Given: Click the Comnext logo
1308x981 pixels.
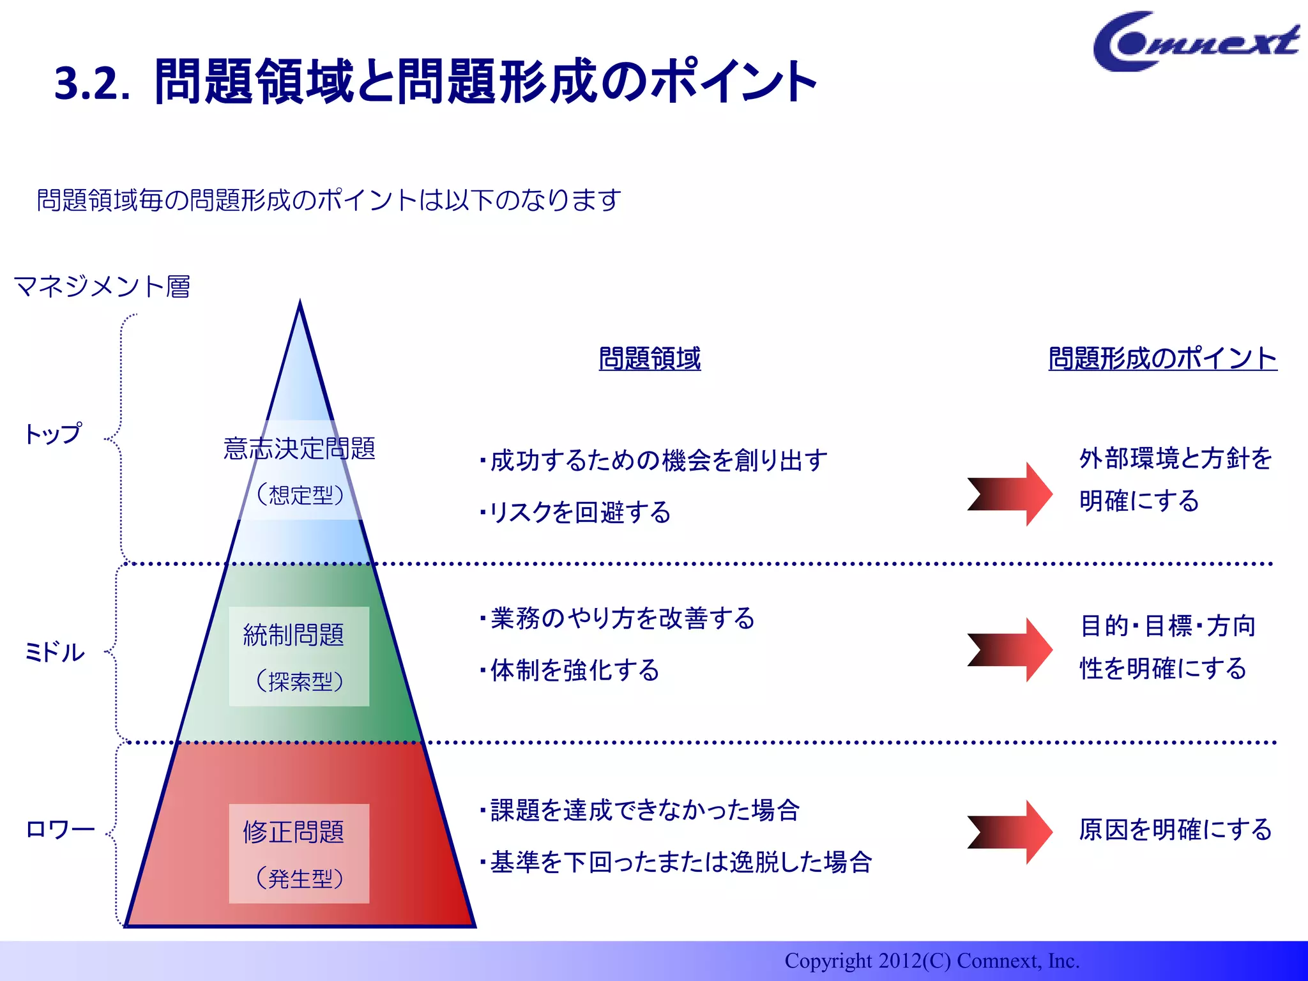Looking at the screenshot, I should (1194, 42).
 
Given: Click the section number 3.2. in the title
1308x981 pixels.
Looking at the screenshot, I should (93, 84).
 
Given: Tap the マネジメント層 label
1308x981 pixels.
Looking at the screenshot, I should (102, 287).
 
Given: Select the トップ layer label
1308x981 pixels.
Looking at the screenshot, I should (54, 434).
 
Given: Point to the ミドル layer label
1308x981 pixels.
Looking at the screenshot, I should (55, 652).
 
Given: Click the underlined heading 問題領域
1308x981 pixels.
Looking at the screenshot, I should (650, 358).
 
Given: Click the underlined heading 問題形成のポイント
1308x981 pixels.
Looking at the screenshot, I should (1162, 358).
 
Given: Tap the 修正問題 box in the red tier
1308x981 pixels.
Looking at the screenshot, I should (299, 853).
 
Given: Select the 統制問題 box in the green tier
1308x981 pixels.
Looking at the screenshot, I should (299, 656).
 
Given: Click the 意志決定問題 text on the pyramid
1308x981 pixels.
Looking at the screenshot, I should (299, 448).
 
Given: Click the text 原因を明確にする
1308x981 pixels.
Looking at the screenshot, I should (1175, 830).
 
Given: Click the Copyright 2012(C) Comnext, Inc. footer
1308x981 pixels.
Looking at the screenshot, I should (931, 961).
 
